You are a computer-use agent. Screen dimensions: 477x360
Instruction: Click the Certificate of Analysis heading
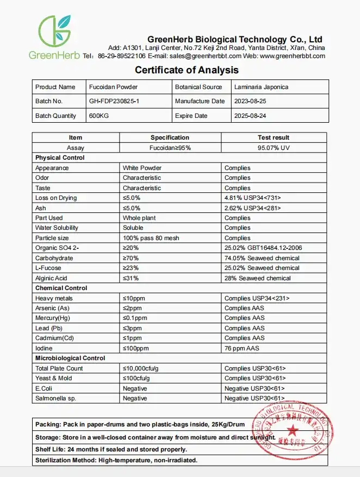pyautogui.click(x=187, y=70)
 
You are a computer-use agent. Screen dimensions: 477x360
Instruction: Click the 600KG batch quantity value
pyautogui.click(x=98, y=116)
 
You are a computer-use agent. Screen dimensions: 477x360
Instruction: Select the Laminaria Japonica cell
pyautogui.click(x=261, y=87)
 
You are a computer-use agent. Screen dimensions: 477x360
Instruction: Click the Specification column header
pyautogui.click(x=170, y=137)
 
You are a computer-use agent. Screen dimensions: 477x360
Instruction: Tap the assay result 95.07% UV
pyautogui.click(x=274, y=147)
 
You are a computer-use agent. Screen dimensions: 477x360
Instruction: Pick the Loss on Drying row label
pyautogui.click(x=56, y=198)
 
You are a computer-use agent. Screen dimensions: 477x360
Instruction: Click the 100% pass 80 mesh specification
pyautogui.click(x=151, y=238)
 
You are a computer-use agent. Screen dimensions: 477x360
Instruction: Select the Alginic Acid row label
pyautogui.click(x=52, y=278)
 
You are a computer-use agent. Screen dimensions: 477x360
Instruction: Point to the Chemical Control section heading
pyautogui.click(x=61, y=288)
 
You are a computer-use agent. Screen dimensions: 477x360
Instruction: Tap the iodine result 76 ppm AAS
pyautogui.click(x=242, y=348)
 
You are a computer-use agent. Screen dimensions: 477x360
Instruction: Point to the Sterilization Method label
pyautogui.click(x=66, y=460)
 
